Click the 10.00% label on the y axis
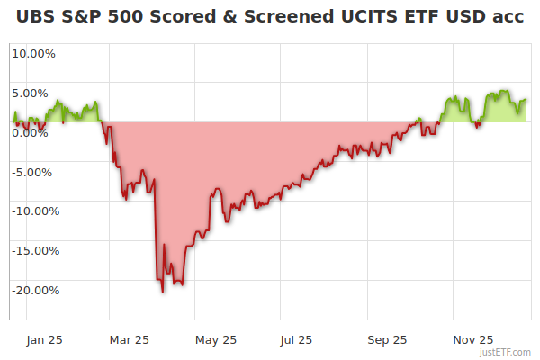[33, 53]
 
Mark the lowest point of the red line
[163, 292]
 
